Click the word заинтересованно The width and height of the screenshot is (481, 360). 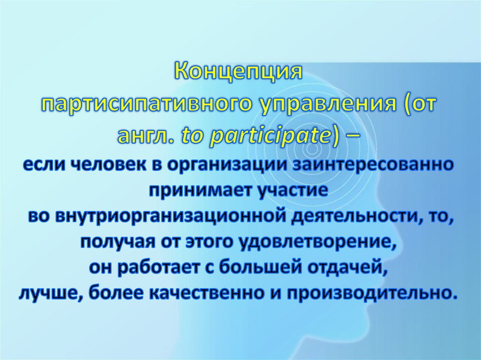click(x=373, y=166)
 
